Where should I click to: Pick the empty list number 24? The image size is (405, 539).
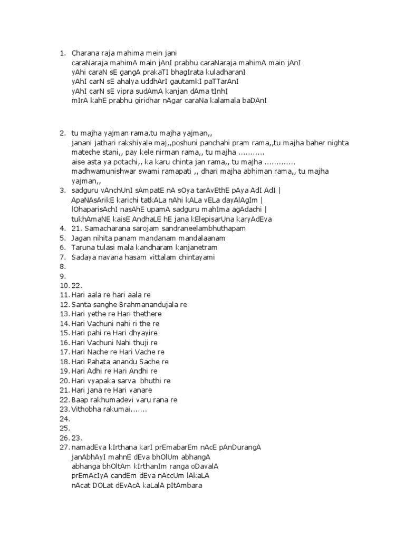pos(64,418)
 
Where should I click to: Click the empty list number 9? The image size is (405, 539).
pos(63,276)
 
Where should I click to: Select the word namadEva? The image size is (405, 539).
pos(88,447)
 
